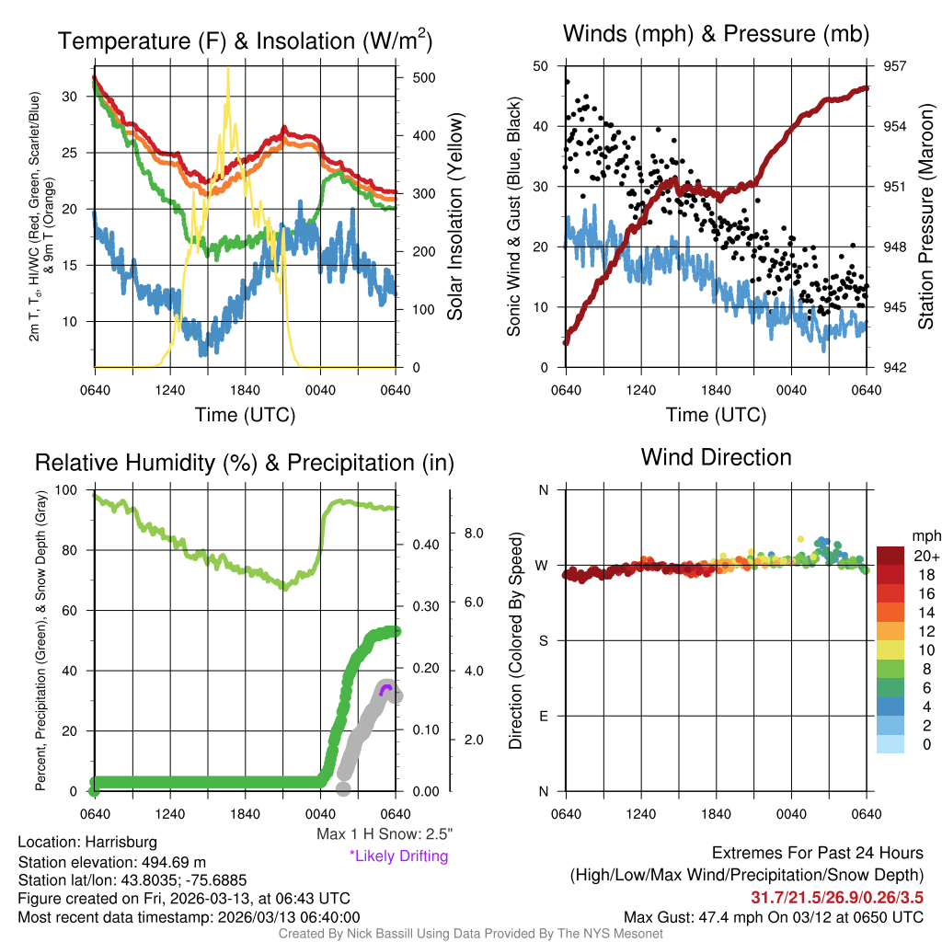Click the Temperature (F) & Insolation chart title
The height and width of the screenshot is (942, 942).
(x=245, y=41)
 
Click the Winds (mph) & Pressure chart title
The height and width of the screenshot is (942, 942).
(x=716, y=35)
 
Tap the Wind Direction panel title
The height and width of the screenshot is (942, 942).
(x=716, y=457)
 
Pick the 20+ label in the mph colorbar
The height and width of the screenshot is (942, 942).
(x=922, y=556)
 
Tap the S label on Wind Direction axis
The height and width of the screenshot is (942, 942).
(x=543, y=640)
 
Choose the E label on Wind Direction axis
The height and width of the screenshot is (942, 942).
(x=543, y=716)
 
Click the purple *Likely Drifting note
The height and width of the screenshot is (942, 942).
(x=398, y=856)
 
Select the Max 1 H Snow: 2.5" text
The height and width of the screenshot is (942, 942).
(x=384, y=834)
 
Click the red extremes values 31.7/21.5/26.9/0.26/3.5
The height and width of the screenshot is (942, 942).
(x=837, y=897)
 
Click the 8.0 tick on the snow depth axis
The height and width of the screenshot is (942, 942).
(x=473, y=533)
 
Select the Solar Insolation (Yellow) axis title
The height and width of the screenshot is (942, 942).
(x=454, y=217)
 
